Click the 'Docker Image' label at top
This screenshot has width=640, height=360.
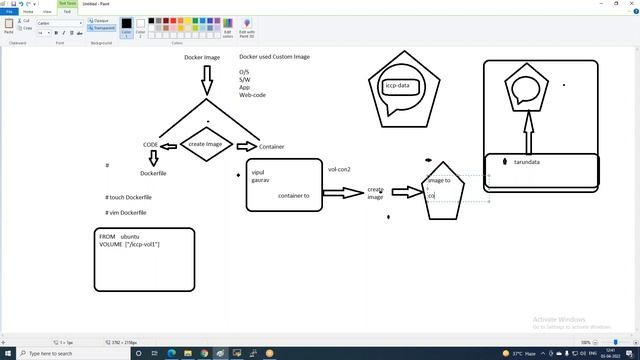pyautogui.click(x=202, y=57)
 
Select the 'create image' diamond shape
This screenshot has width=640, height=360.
pyautogui.click(x=207, y=145)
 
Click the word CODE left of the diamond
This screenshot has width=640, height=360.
pyautogui.click(x=150, y=146)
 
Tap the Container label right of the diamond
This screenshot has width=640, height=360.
pyautogui.click(x=271, y=147)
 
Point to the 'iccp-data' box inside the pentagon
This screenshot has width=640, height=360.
pyautogui.click(x=397, y=86)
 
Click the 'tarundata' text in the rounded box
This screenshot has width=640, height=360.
pyautogui.click(x=527, y=162)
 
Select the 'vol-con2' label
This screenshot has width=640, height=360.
pyautogui.click(x=339, y=170)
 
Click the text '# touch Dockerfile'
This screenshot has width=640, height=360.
pyautogui.click(x=128, y=197)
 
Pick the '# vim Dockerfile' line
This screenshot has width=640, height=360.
pyautogui.click(x=127, y=213)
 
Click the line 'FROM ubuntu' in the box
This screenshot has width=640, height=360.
pyautogui.click(x=119, y=236)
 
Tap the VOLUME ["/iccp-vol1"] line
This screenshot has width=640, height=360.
pyautogui.click(x=129, y=244)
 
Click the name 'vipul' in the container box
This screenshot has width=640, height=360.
pyautogui.click(x=258, y=172)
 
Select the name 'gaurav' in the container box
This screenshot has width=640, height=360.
pyautogui.click(x=260, y=180)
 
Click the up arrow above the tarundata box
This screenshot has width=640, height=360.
pyautogui.click(x=528, y=129)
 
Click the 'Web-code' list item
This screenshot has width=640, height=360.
pyautogui.click(x=252, y=95)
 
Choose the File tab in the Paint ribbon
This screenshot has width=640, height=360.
pyautogui.click(x=9, y=11)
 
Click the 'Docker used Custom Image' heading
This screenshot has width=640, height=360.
pyautogui.click(x=274, y=57)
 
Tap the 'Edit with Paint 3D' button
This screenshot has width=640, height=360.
pyautogui.click(x=247, y=28)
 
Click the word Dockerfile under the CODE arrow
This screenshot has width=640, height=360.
pyautogui.click(x=153, y=174)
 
